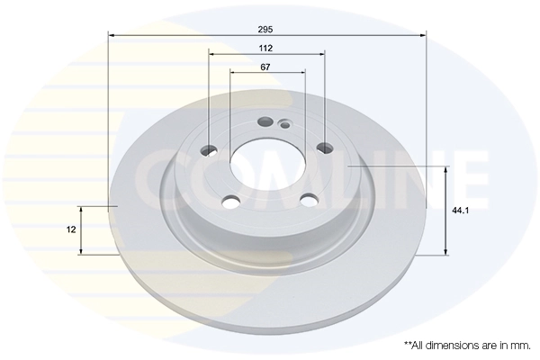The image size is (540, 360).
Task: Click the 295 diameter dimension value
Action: pyautogui.click(x=265, y=29)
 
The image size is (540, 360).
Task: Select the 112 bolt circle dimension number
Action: pyautogui.click(x=265, y=47)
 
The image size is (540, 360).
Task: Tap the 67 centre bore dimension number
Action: pyautogui.click(x=265, y=67)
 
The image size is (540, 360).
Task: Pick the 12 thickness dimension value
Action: pyautogui.click(x=69, y=229)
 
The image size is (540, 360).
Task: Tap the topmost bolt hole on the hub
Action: pyautogui.click(x=265, y=122)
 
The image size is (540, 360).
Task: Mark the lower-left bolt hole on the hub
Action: pyautogui.click(x=229, y=202)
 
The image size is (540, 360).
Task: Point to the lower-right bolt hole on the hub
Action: pyautogui.click(x=309, y=201)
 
